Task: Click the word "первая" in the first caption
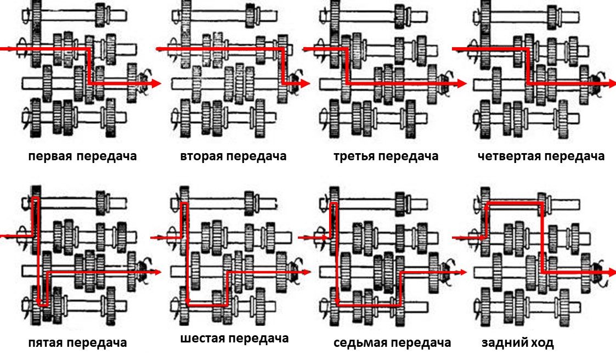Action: (x=50, y=156)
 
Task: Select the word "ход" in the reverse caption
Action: (x=541, y=344)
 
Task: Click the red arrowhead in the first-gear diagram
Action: (x=156, y=83)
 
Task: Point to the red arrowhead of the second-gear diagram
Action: (x=305, y=83)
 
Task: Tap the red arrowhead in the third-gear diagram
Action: (x=461, y=83)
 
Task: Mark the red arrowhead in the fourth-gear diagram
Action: (x=611, y=83)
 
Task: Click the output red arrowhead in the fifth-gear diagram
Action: (x=158, y=272)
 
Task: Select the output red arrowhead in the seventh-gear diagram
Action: (x=462, y=272)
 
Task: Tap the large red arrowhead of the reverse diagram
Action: (x=611, y=272)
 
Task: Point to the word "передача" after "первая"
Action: (x=106, y=156)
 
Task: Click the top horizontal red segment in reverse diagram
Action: (x=515, y=203)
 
